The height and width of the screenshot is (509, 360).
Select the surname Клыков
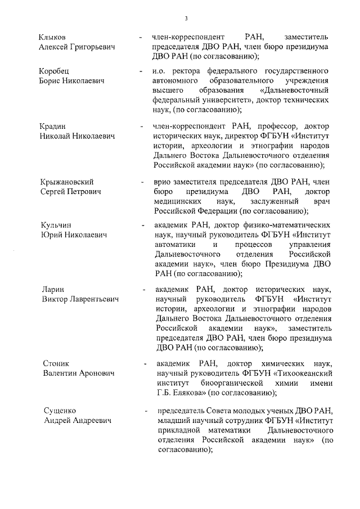point(52,37)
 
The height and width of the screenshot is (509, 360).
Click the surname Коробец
point(54,72)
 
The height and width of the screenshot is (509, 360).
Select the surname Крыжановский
point(66,182)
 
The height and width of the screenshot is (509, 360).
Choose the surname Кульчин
point(55,225)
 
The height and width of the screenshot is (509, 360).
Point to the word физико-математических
point(283,225)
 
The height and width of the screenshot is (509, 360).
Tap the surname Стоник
point(56,363)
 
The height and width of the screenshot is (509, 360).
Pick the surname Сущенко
point(59,411)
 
